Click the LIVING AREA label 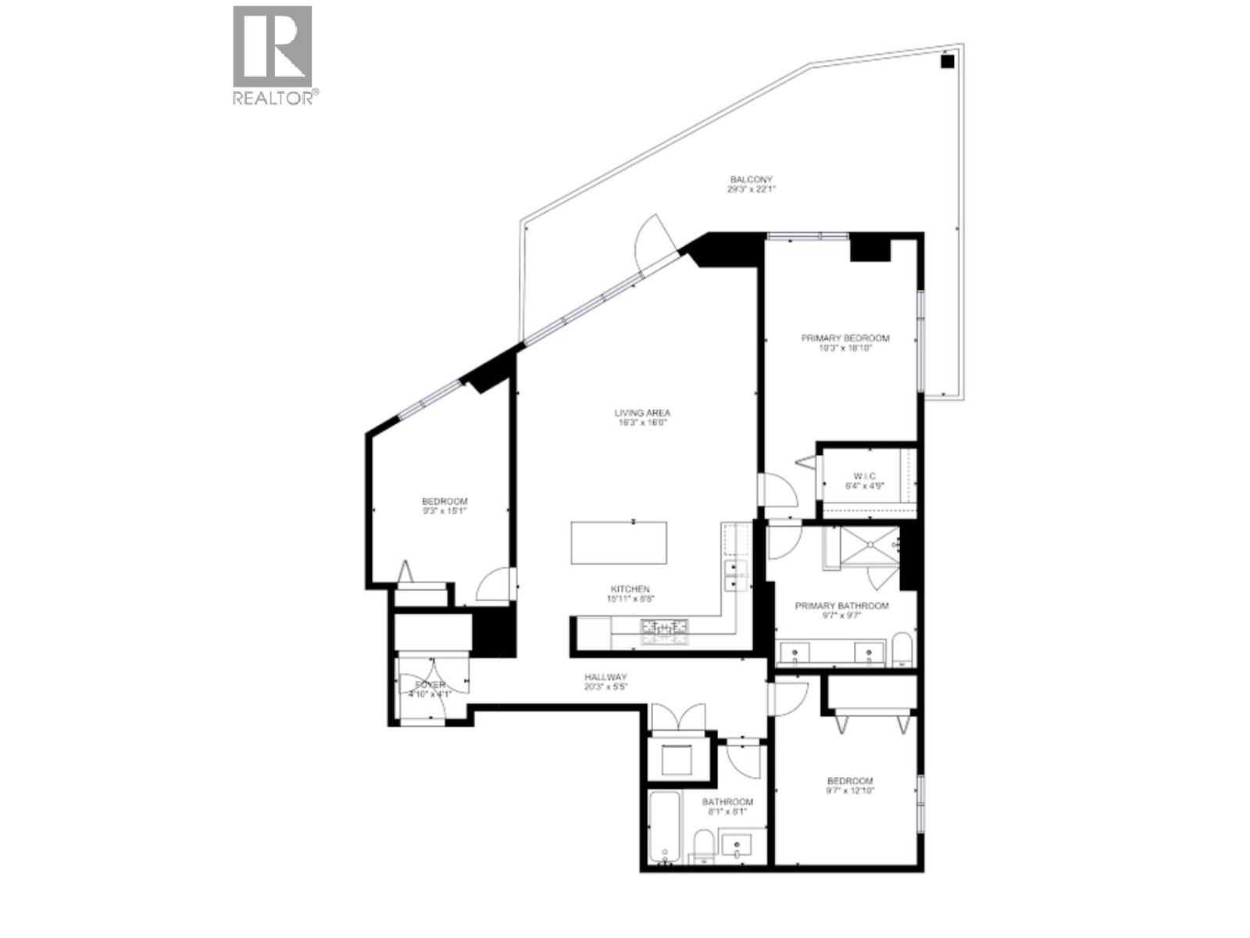click(x=642, y=413)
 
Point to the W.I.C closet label click(x=865, y=476)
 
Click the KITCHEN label click(x=630, y=589)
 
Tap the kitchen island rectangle click(x=619, y=542)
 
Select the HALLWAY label click(x=605, y=677)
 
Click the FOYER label click(x=430, y=685)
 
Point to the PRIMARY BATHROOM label click(x=841, y=606)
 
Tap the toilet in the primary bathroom click(x=902, y=651)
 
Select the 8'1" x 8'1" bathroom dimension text click(x=727, y=811)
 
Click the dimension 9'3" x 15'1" click(x=445, y=511)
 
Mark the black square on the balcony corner click(x=947, y=62)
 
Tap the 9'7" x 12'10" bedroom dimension click(x=850, y=790)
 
